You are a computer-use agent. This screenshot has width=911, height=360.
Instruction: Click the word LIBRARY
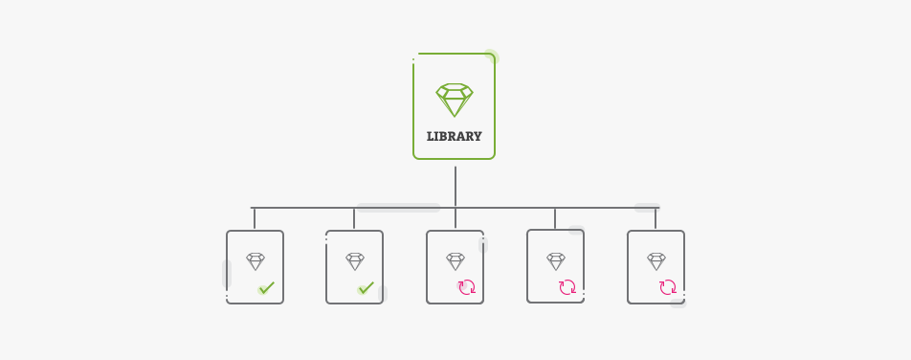point(454,136)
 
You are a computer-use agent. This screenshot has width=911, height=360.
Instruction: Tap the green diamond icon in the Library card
point(455,100)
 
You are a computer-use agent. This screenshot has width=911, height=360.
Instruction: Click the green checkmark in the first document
point(266,287)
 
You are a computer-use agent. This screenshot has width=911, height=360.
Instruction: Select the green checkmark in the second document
point(366,287)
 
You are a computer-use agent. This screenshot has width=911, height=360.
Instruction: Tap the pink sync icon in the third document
point(467,287)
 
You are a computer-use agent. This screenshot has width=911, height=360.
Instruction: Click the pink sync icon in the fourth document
point(567,286)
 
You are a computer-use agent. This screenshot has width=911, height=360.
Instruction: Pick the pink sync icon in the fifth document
point(668,287)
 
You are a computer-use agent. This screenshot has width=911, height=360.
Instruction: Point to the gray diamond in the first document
point(255,261)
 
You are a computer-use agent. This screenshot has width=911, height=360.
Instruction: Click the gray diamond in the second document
point(355,261)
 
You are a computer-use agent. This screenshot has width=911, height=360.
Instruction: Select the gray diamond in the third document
point(455,261)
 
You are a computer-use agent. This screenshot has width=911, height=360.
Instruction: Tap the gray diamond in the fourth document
point(556,260)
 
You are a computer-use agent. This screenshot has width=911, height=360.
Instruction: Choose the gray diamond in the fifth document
point(656,261)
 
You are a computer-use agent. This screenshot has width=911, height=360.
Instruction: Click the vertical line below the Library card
point(455,187)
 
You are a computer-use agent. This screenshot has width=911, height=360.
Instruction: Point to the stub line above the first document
point(255,218)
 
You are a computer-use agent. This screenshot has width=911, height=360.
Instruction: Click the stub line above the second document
point(354,219)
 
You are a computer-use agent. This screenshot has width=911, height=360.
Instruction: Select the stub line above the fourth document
point(555,218)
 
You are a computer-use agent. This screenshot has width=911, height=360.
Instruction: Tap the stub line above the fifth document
point(655,219)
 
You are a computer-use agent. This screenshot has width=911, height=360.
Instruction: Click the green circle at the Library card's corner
point(491,57)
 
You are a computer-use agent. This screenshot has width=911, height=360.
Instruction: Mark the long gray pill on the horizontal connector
point(398,207)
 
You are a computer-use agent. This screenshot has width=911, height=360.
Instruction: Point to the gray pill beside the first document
point(227,274)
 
